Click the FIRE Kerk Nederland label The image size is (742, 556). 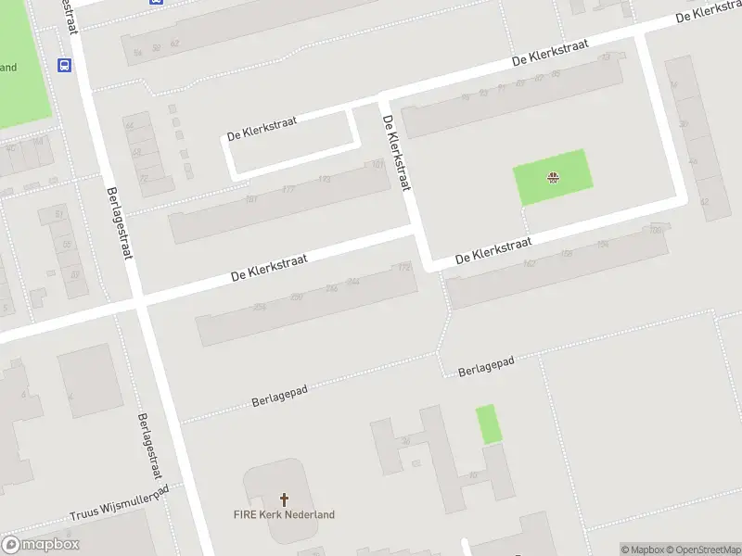coord(285,514)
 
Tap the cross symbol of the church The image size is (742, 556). coord(284,498)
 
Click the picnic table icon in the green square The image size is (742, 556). coord(553,177)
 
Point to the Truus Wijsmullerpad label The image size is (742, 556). coord(120,505)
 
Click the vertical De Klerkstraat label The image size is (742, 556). coord(396,153)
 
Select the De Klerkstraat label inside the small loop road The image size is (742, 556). coord(262,129)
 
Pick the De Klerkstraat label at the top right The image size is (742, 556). coord(710,11)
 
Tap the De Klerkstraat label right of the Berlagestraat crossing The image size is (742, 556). coord(268,268)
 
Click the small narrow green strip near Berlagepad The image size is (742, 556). coord(488,424)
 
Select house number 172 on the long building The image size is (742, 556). coord(403,268)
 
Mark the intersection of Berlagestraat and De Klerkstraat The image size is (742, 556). coord(137,301)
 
